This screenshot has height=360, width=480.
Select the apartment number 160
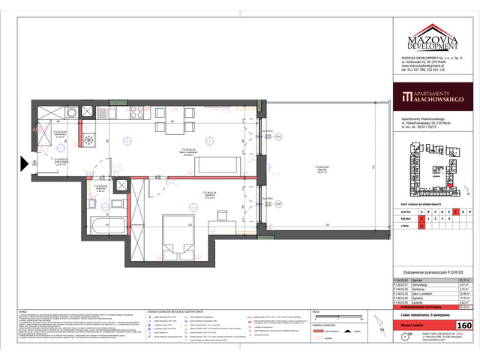coord(464,325)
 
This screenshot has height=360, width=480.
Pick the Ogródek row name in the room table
coord(417,280)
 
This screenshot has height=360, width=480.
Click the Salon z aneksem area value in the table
coord(464,294)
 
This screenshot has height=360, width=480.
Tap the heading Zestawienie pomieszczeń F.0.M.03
coord(433,272)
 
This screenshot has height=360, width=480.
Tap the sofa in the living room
coord(225,163)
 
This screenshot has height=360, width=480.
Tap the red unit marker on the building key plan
coord(453,188)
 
